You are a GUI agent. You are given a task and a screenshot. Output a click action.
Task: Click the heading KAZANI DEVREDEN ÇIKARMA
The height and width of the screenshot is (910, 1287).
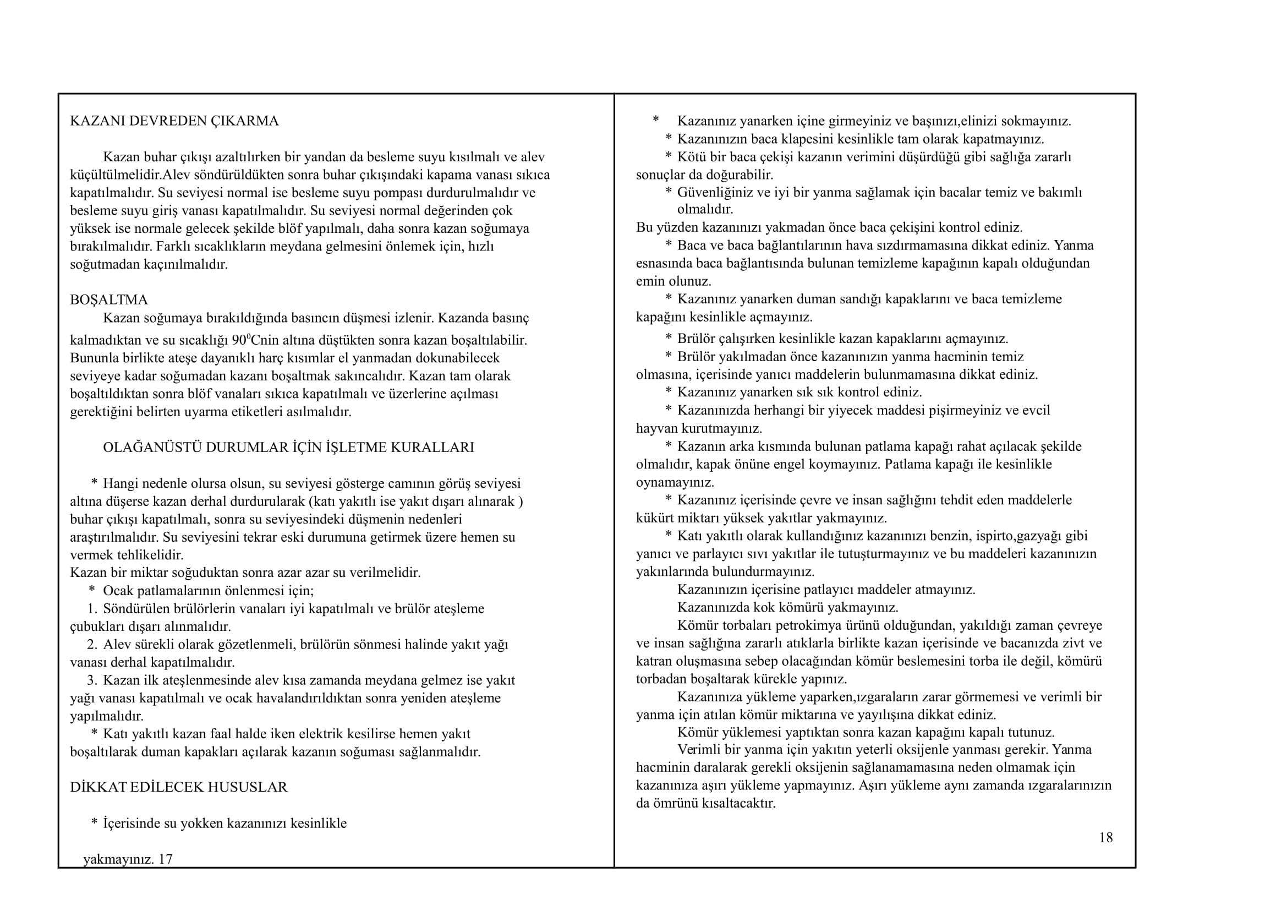174,121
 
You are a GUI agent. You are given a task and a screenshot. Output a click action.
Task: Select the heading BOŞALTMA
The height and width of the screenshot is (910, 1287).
109,300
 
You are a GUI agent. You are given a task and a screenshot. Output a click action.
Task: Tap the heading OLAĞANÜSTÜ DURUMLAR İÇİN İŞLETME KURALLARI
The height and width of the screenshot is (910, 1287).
288,448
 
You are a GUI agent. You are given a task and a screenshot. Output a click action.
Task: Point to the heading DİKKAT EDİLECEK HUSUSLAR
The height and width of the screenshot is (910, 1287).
178,787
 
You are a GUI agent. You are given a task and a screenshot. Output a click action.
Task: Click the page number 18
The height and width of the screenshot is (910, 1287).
1105,838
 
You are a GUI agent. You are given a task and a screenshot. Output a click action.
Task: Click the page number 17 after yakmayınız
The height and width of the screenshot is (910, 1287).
166,859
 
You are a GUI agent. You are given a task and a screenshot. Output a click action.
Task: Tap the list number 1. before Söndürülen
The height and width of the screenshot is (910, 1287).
92,609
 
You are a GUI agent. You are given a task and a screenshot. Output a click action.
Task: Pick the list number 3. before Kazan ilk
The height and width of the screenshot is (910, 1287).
92,680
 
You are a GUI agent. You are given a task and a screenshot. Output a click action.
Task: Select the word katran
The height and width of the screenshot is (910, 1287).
651,661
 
